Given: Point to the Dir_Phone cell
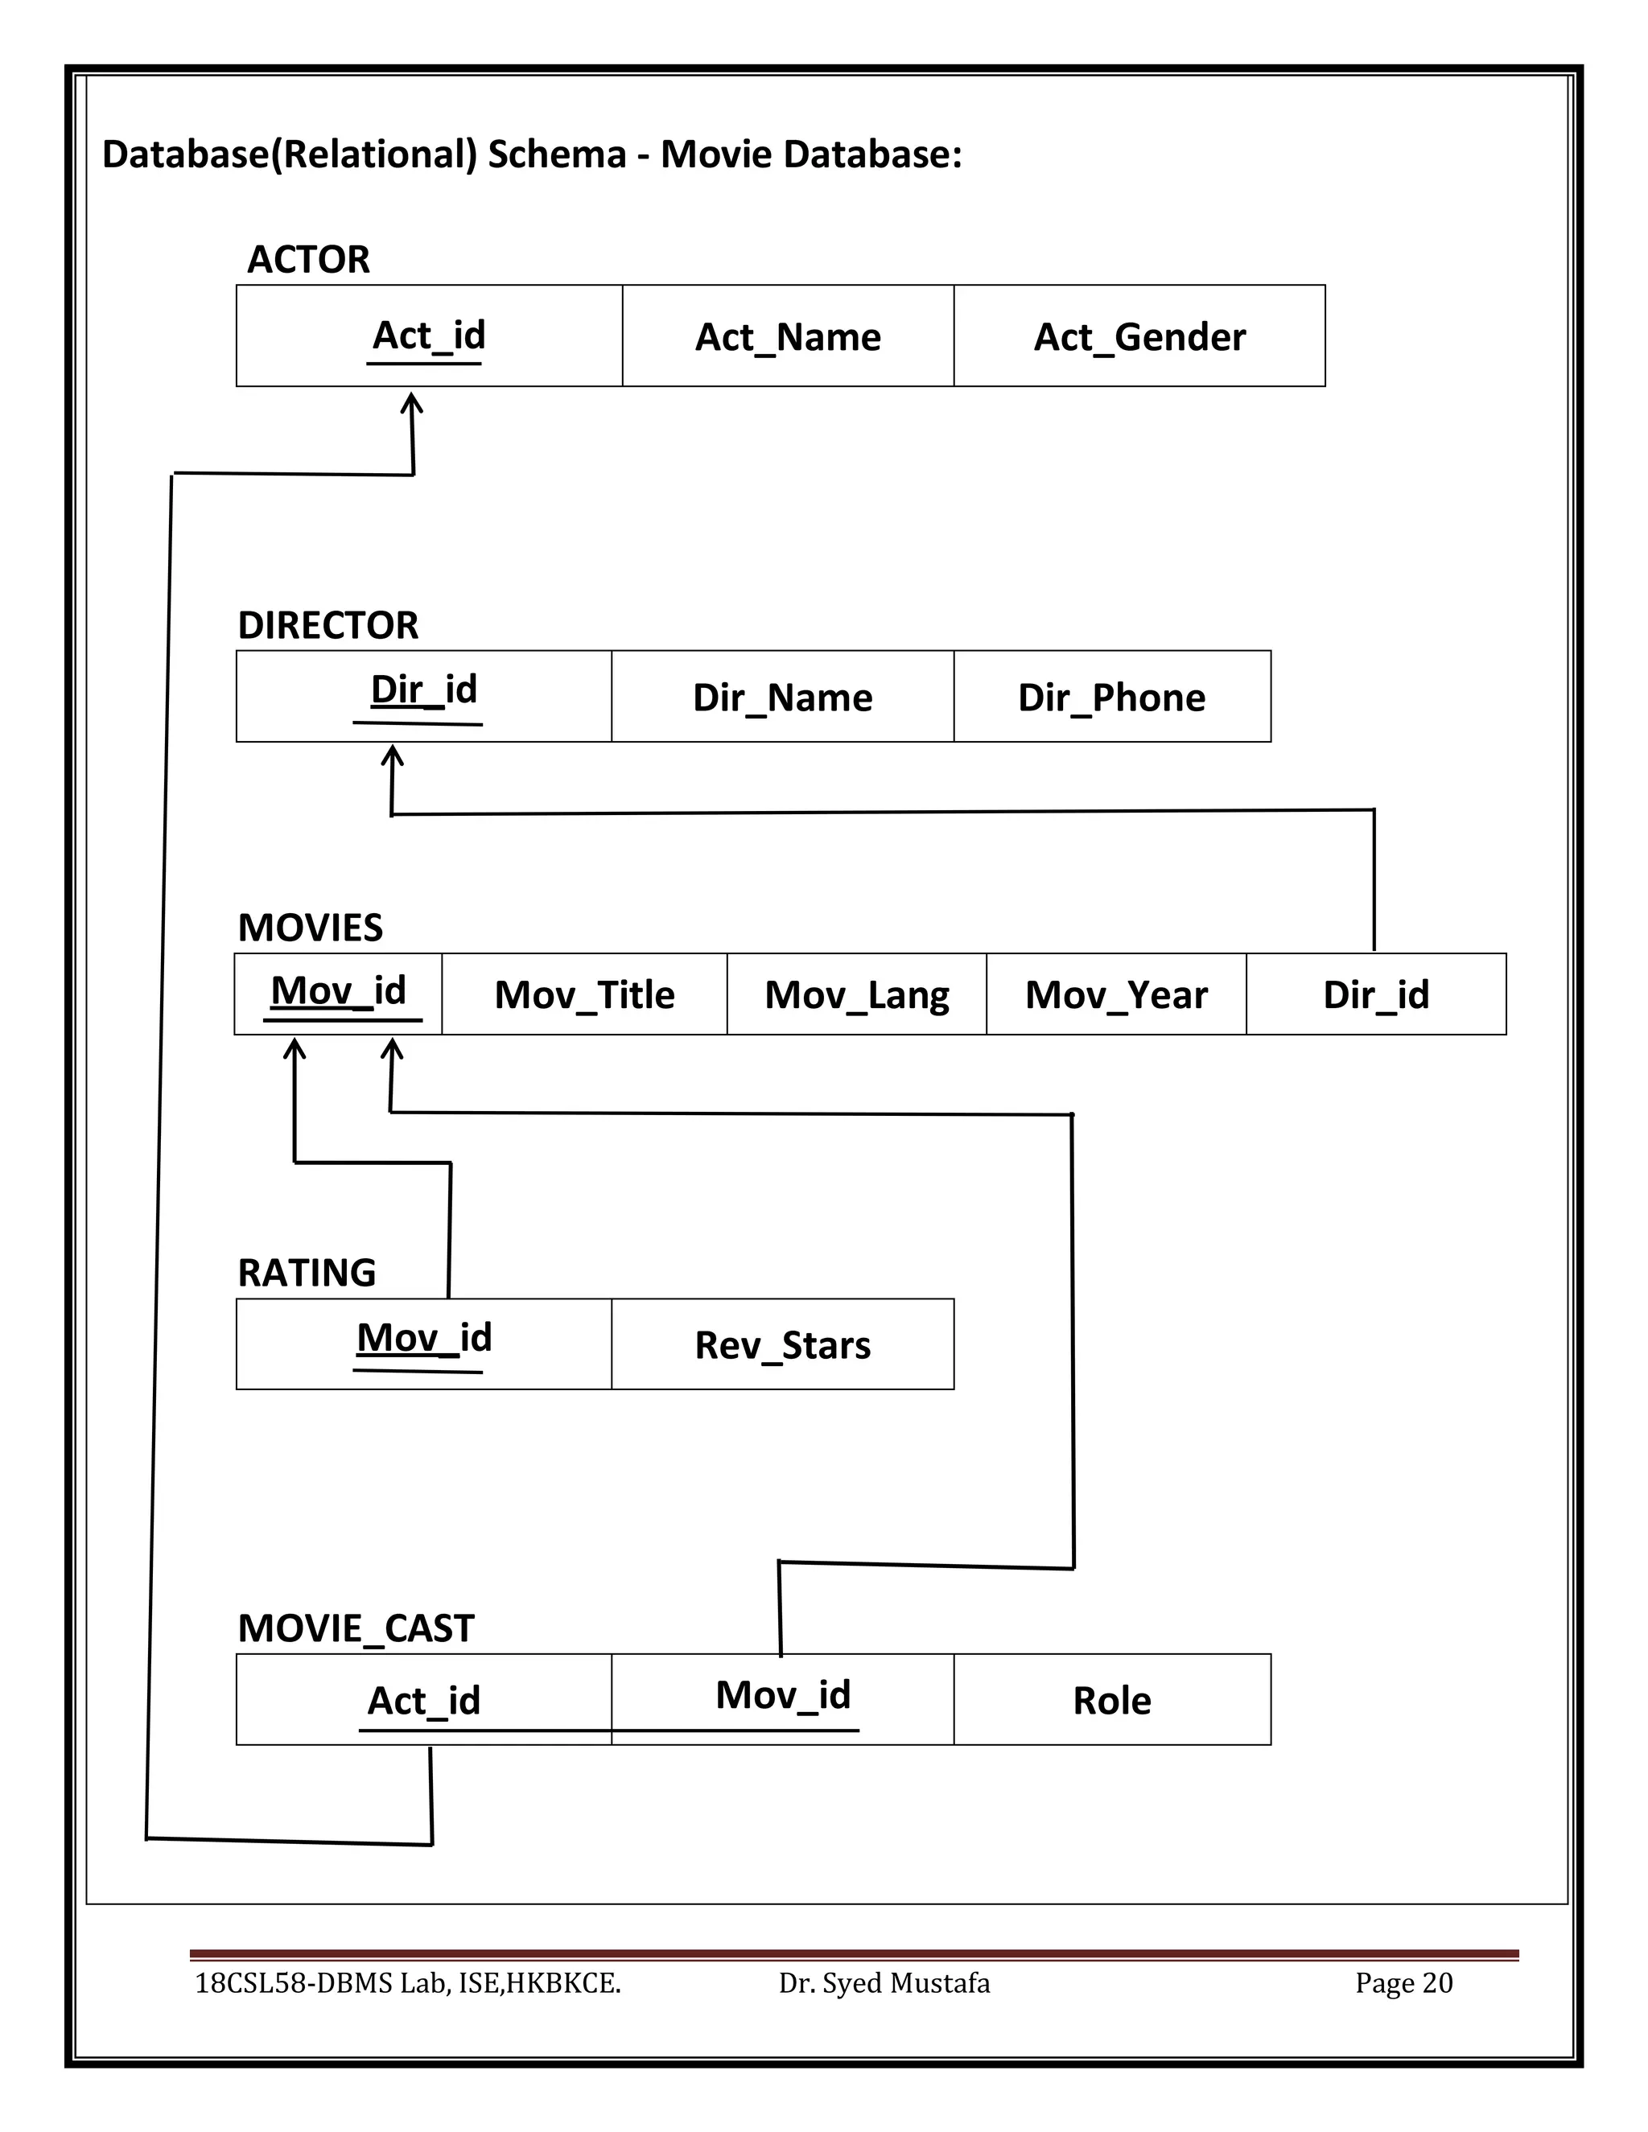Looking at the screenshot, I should [x=1111, y=697].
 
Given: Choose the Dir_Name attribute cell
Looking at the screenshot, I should [x=782, y=697].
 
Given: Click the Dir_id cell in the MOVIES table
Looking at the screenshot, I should [x=1374, y=994].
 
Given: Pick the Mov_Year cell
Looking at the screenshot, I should [x=1116, y=994].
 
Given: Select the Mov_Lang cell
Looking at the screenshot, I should [x=856, y=994].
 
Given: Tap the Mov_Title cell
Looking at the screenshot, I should [x=584, y=994].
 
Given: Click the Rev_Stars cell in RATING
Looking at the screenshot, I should [x=782, y=1344].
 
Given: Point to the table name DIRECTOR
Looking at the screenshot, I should [x=328, y=625].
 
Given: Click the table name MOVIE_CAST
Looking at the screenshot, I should [x=356, y=1628].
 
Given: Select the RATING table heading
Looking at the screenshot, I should [x=307, y=1273].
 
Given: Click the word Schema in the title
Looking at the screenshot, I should [x=557, y=154].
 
